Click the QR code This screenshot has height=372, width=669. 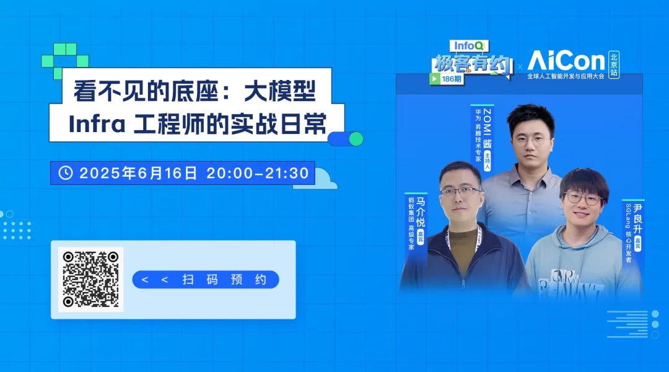tap(90, 279)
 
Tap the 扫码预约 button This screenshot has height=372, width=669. tap(206, 280)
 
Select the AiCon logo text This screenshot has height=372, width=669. tap(566, 60)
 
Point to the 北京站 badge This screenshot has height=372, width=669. tap(613, 64)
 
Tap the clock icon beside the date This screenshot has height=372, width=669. tap(65, 173)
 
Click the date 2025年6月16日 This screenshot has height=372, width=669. tap(139, 173)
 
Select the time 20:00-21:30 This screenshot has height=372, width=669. tap(258, 173)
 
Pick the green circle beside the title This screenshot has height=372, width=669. tap(356, 139)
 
